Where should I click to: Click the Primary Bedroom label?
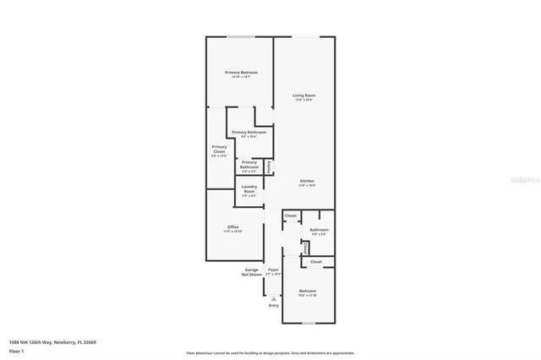coord(241,73)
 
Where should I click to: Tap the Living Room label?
coord(303,95)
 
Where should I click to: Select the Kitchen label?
coord(307,182)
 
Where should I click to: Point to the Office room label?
coord(232,227)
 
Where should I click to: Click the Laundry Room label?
coord(249,188)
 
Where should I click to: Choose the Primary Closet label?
coord(219,150)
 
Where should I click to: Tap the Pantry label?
coord(269,167)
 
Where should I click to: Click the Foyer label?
coord(273,270)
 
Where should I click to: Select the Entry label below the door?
coord(273,305)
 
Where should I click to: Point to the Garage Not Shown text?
coord(251,272)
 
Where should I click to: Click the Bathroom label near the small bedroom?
coord(319,229)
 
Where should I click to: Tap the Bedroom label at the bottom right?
coord(308,291)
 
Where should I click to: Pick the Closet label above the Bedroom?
coord(316,262)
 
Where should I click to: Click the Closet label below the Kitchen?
coord(291,216)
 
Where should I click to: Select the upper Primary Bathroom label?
coord(249,133)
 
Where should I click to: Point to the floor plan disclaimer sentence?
coord(270,352)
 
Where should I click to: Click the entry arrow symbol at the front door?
coord(273,298)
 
